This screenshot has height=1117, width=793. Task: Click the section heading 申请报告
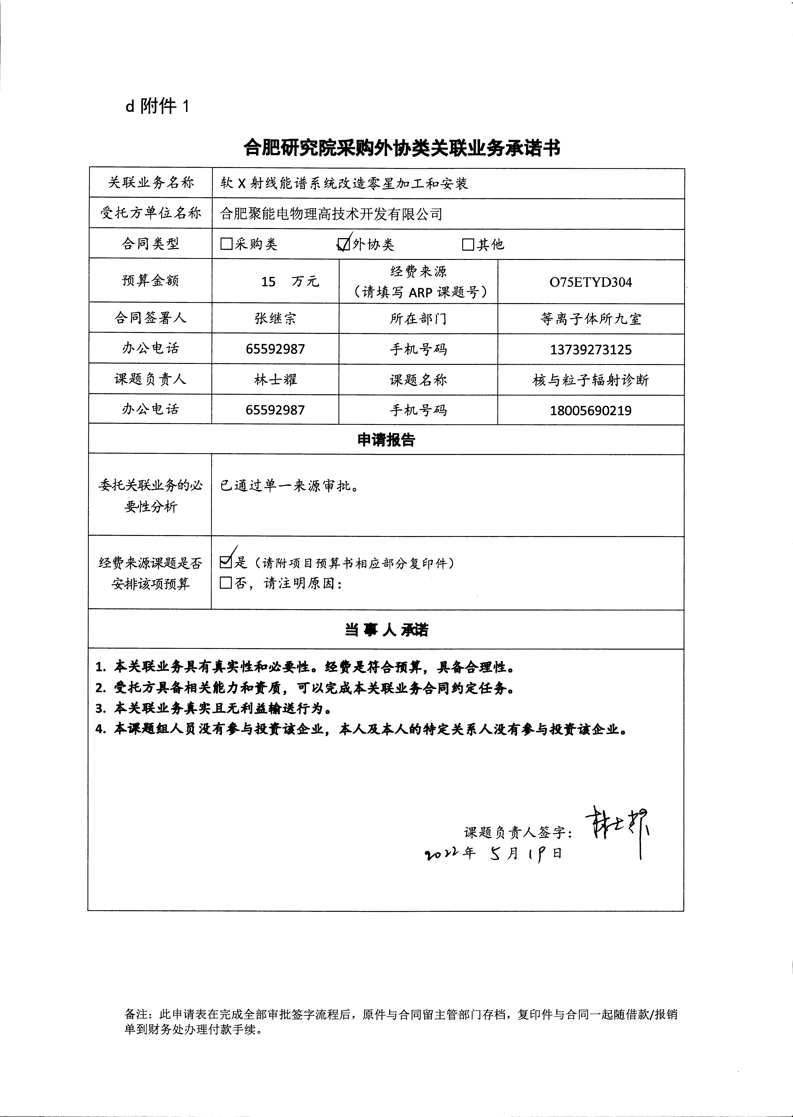tap(386, 440)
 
